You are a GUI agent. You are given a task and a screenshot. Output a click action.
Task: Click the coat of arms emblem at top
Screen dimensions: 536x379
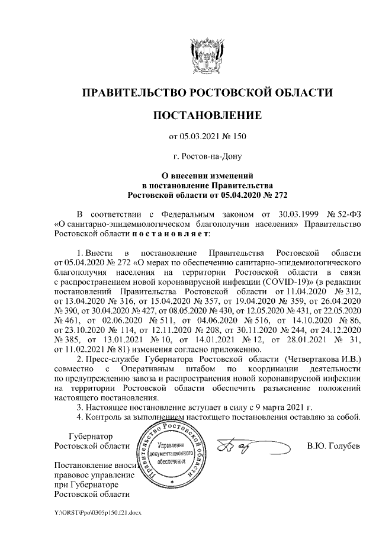click(206, 56)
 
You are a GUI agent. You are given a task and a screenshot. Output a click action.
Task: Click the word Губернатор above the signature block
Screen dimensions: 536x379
click(90, 435)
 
